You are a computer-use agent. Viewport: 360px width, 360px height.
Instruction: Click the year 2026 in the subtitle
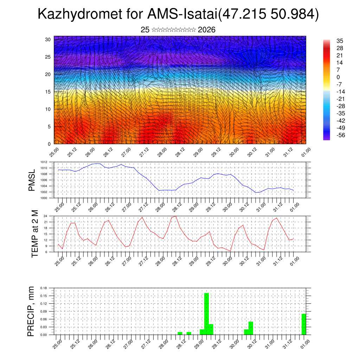(x=207, y=30)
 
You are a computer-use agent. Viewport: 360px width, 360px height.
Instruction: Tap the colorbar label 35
(x=340, y=41)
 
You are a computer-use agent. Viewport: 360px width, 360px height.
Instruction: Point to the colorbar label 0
(x=338, y=77)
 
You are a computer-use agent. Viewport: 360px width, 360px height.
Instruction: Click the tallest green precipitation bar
(x=206, y=314)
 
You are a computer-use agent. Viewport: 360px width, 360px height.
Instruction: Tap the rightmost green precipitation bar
(x=304, y=324)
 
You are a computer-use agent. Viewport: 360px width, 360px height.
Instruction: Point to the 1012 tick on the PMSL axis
(x=44, y=162)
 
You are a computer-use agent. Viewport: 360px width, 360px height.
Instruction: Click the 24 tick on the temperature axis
(x=45, y=216)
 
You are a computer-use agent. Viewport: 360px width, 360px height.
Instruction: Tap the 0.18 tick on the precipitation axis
(x=44, y=288)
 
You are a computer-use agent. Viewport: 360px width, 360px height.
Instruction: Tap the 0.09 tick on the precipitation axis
(x=44, y=311)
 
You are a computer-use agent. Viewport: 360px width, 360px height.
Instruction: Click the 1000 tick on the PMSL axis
(x=44, y=198)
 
